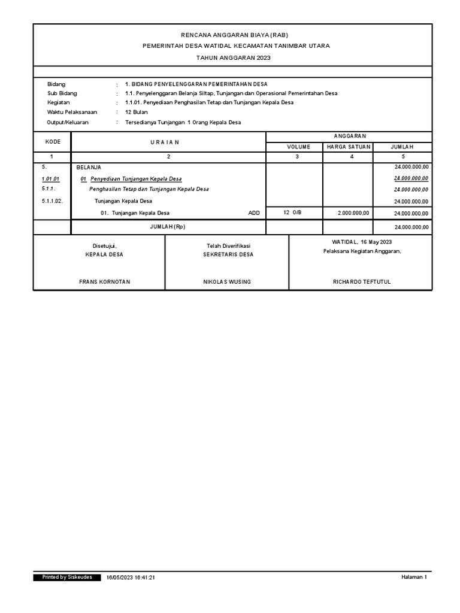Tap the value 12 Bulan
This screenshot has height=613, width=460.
pyautogui.click(x=137, y=112)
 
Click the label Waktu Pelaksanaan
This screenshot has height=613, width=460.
pyautogui.click(x=72, y=112)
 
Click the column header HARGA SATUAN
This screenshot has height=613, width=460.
pyautogui.click(x=348, y=147)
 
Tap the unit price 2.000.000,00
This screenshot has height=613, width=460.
pyautogui.click(x=353, y=213)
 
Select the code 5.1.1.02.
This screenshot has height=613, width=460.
pyautogui.click(x=53, y=201)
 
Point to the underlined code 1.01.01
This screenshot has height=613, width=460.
pyautogui.click(x=51, y=179)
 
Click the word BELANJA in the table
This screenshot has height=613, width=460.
pyautogui.click(x=89, y=168)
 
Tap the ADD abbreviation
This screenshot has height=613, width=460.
pyautogui.click(x=254, y=213)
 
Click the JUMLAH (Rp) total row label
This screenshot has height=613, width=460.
pyautogui.click(x=168, y=227)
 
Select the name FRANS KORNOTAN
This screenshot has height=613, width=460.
pyautogui.click(x=105, y=281)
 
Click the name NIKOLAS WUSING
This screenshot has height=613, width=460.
pyautogui.click(x=227, y=281)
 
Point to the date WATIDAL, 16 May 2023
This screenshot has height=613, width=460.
pyautogui.click(x=362, y=241)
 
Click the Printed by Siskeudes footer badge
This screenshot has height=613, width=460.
pyautogui.click(x=67, y=577)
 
